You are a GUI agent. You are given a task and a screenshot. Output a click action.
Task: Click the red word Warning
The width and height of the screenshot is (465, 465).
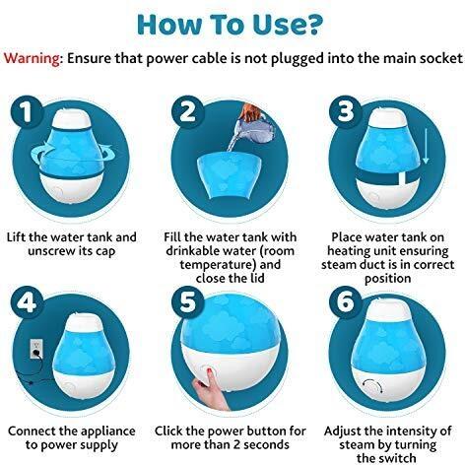pos(32,58)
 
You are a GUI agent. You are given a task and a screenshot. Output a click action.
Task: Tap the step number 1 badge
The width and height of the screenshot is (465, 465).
pos(27,112)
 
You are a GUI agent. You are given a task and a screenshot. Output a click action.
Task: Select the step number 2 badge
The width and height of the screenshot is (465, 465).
pos(187,112)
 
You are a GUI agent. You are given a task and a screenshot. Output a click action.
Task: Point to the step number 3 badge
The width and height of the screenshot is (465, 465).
pos(346,112)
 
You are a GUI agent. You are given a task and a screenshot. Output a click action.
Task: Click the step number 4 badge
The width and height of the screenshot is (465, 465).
pos(27,302)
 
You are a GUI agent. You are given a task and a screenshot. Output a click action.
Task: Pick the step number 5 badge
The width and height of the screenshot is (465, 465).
pos(187,302)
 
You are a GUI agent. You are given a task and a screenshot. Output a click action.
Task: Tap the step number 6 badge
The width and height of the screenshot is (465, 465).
pos(346,302)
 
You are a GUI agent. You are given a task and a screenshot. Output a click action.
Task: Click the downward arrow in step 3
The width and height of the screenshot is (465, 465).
pos(426,146)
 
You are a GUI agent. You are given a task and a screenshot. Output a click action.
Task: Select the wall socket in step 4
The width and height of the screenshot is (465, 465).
pos(35,349)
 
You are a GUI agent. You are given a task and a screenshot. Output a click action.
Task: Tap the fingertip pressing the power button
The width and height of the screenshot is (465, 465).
pos(209,370)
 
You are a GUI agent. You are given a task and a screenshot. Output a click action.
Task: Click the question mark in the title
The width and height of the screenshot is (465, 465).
pos(309,25)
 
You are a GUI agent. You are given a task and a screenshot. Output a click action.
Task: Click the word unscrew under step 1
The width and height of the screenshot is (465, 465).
pos(48,251)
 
